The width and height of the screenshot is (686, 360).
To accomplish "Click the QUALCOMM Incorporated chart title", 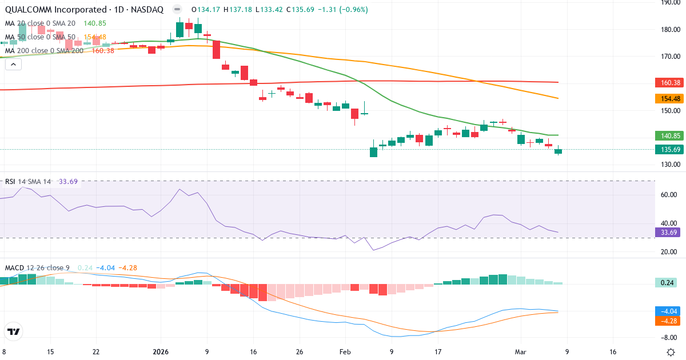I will pyautogui.click(x=83, y=10).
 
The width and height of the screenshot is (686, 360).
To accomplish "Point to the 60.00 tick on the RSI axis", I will pyautogui.click(x=668, y=195).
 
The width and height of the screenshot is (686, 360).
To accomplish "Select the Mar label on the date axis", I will pyautogui.click(x=520, y=352).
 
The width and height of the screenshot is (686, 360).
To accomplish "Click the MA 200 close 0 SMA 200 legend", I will pyautogui.click(x=44, y=51).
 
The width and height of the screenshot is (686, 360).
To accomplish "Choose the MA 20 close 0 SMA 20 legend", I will pyautogui.click(x=39, y=23).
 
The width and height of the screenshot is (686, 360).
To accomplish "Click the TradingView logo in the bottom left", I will pyautogui.click(x=14, y=331).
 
